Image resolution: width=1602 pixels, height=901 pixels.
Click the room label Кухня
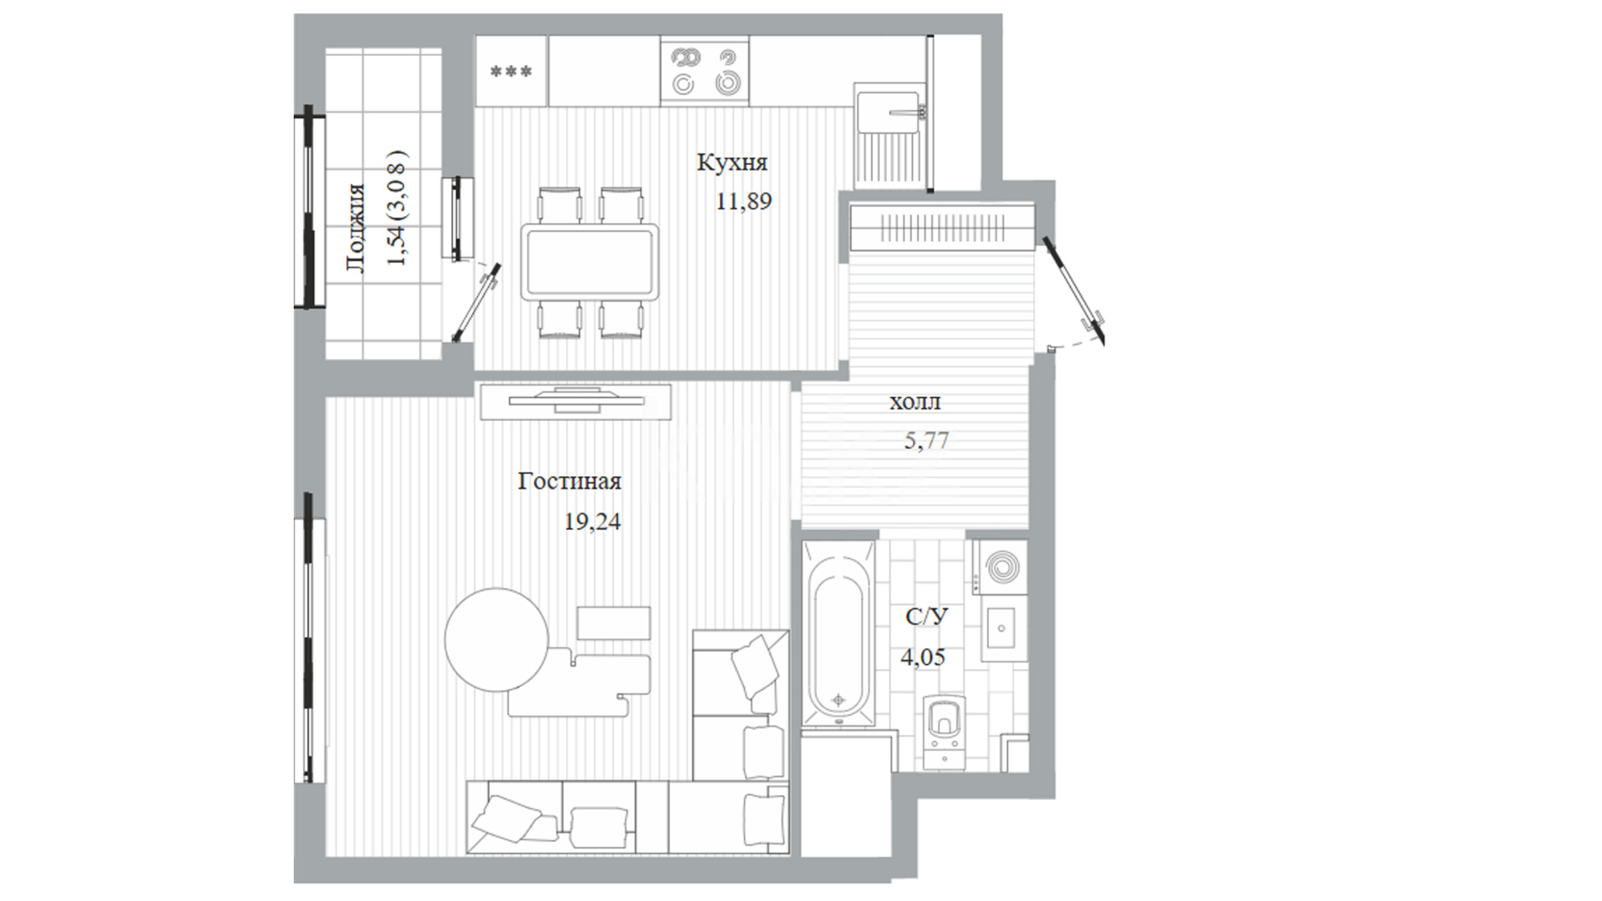pyautogui.click(x=732, y=163)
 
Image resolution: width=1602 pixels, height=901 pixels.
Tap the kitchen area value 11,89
pyautogui.click(x=743, y=201)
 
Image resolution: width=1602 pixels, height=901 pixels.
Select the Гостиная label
pyautogui.click(x=569, y=481)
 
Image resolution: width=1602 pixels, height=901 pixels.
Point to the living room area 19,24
pyautogui.click(x=592, y=522)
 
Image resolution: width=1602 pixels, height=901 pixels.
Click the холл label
pyautogui.click(x=914, y=403)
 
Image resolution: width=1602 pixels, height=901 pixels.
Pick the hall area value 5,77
pyautogui.click(x=926, y=440)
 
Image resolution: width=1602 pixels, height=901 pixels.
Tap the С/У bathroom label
pyautogui.click(x=927, y=617)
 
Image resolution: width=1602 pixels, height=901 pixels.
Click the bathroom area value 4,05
pyautogui.click(x=923, y=657)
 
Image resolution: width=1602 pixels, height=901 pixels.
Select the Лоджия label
pyautogui.click(x=355, y=228)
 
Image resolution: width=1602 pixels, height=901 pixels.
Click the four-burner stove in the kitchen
pyautogui.click(x=704, y=70)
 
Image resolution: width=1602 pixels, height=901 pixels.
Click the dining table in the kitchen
pyautogui.click(x=589, y=261)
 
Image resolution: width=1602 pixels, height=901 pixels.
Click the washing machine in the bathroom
pyautogui.click(x=999, y=566)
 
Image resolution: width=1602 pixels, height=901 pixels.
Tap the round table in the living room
pyautogui.click(x=496, y=641)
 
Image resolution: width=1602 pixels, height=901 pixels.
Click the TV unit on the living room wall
pyautogui.click(x=576, y=402)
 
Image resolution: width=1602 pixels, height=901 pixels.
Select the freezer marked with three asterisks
pyautogui.click(x=511, y=71)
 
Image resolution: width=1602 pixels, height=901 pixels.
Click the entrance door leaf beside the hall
pyautogui.click(x=1073, y=289)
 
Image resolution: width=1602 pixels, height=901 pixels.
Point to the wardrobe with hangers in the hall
pyautogui.click(x=941, y=227)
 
